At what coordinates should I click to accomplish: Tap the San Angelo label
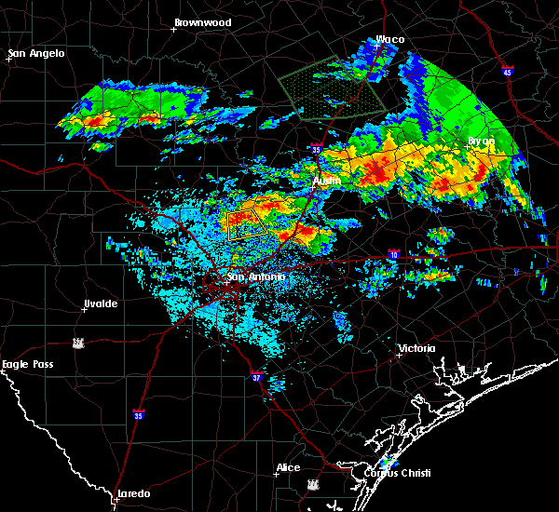tap(37, 53)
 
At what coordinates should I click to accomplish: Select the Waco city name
tap(389, 40)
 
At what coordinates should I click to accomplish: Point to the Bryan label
tap(481, 141)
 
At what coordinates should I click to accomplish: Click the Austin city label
tap(326, 181)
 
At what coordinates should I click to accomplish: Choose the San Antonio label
tap(256, 276)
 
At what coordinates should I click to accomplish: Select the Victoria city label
tap(416, 348)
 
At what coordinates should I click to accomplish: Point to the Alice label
tap(288, 467)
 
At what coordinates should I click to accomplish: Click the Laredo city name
tap(133, 493)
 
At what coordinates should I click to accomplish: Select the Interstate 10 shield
tap(395, 253)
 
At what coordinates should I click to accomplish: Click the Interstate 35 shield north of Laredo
tap(139, 414)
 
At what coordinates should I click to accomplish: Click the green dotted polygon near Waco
tap(332, 89)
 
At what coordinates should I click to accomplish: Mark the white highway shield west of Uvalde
tap(80, 343)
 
